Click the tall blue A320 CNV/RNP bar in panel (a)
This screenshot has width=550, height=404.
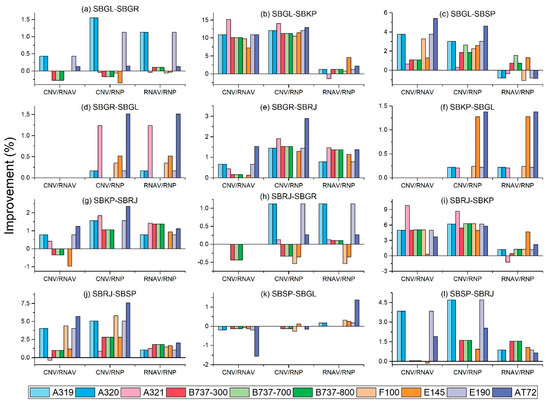point(94,45)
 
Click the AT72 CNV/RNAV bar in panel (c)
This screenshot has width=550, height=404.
point(435,44)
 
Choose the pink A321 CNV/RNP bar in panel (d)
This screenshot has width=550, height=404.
point(100,151)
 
